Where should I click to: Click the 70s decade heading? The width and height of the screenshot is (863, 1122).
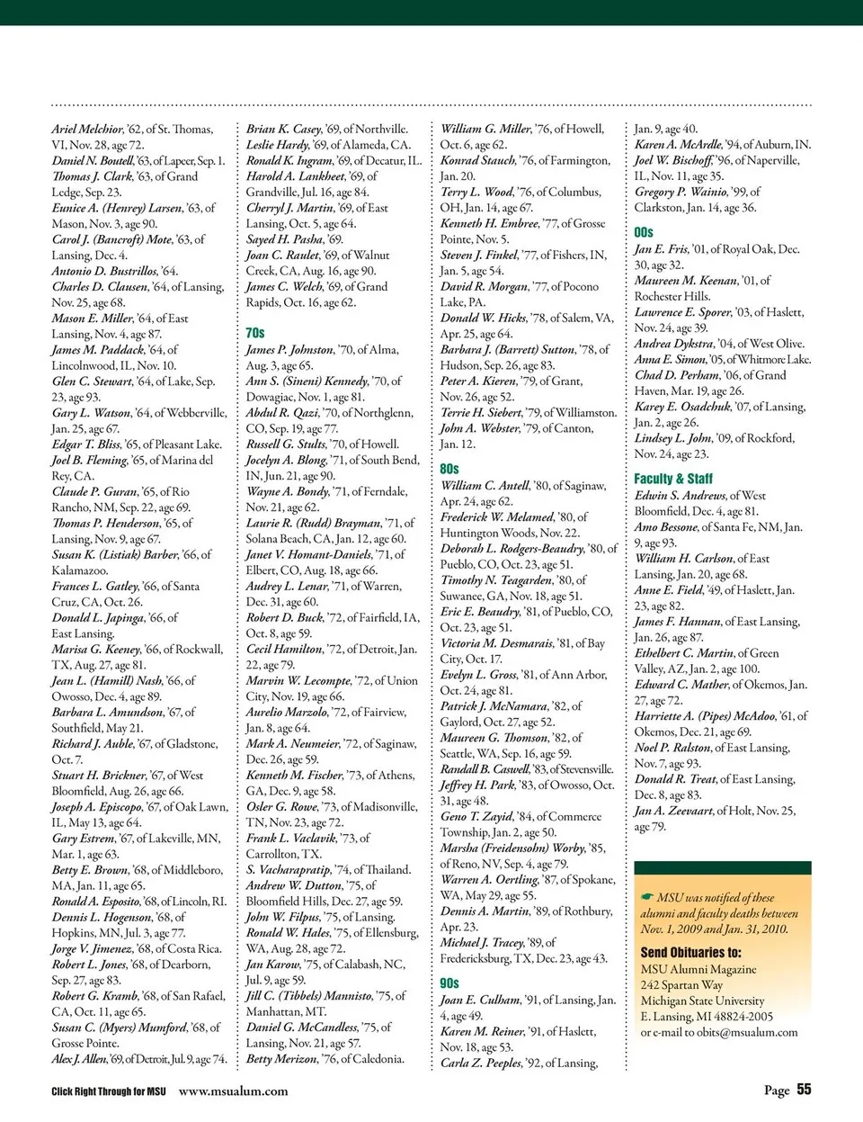pyautogui.click(x=255, y=333)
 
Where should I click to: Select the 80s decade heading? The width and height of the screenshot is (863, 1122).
pyautogui.click(x=449, y=469)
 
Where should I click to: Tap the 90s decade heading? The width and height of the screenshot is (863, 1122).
pyautogui.click(x=449, y=983)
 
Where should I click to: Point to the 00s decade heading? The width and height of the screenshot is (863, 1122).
pyautogui.click(x=644, y=232)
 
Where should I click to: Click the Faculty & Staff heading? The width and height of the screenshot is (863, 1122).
pyautogui.click(x=673, y=479)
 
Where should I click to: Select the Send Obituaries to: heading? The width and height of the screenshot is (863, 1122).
pyautogui.click(x=691, y=952)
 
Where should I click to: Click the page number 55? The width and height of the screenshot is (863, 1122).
pyautogui.click(x=804, y=1090)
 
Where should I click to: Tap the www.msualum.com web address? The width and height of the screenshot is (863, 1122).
pyautogui.click(x=234, y=1091)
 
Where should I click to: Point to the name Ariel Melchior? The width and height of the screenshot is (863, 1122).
pyautogui.click(x=87, y=130)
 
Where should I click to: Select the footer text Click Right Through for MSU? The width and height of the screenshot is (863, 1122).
pyautogui.click(x=109, y=1091)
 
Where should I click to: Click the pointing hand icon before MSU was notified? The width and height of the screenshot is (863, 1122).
pyautogui.click(x=647, y=897)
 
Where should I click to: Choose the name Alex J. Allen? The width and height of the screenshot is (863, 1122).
pyautogui.click(x=79, y=1059)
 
